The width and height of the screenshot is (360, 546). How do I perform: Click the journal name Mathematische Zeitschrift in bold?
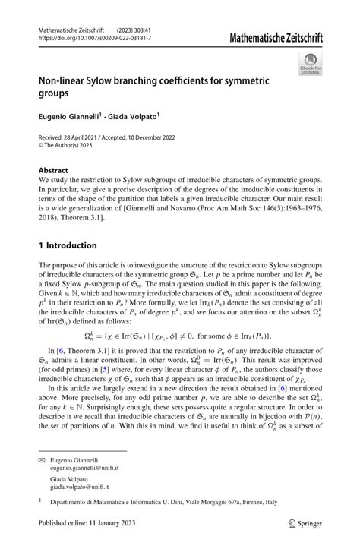click(x=279, y=35)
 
